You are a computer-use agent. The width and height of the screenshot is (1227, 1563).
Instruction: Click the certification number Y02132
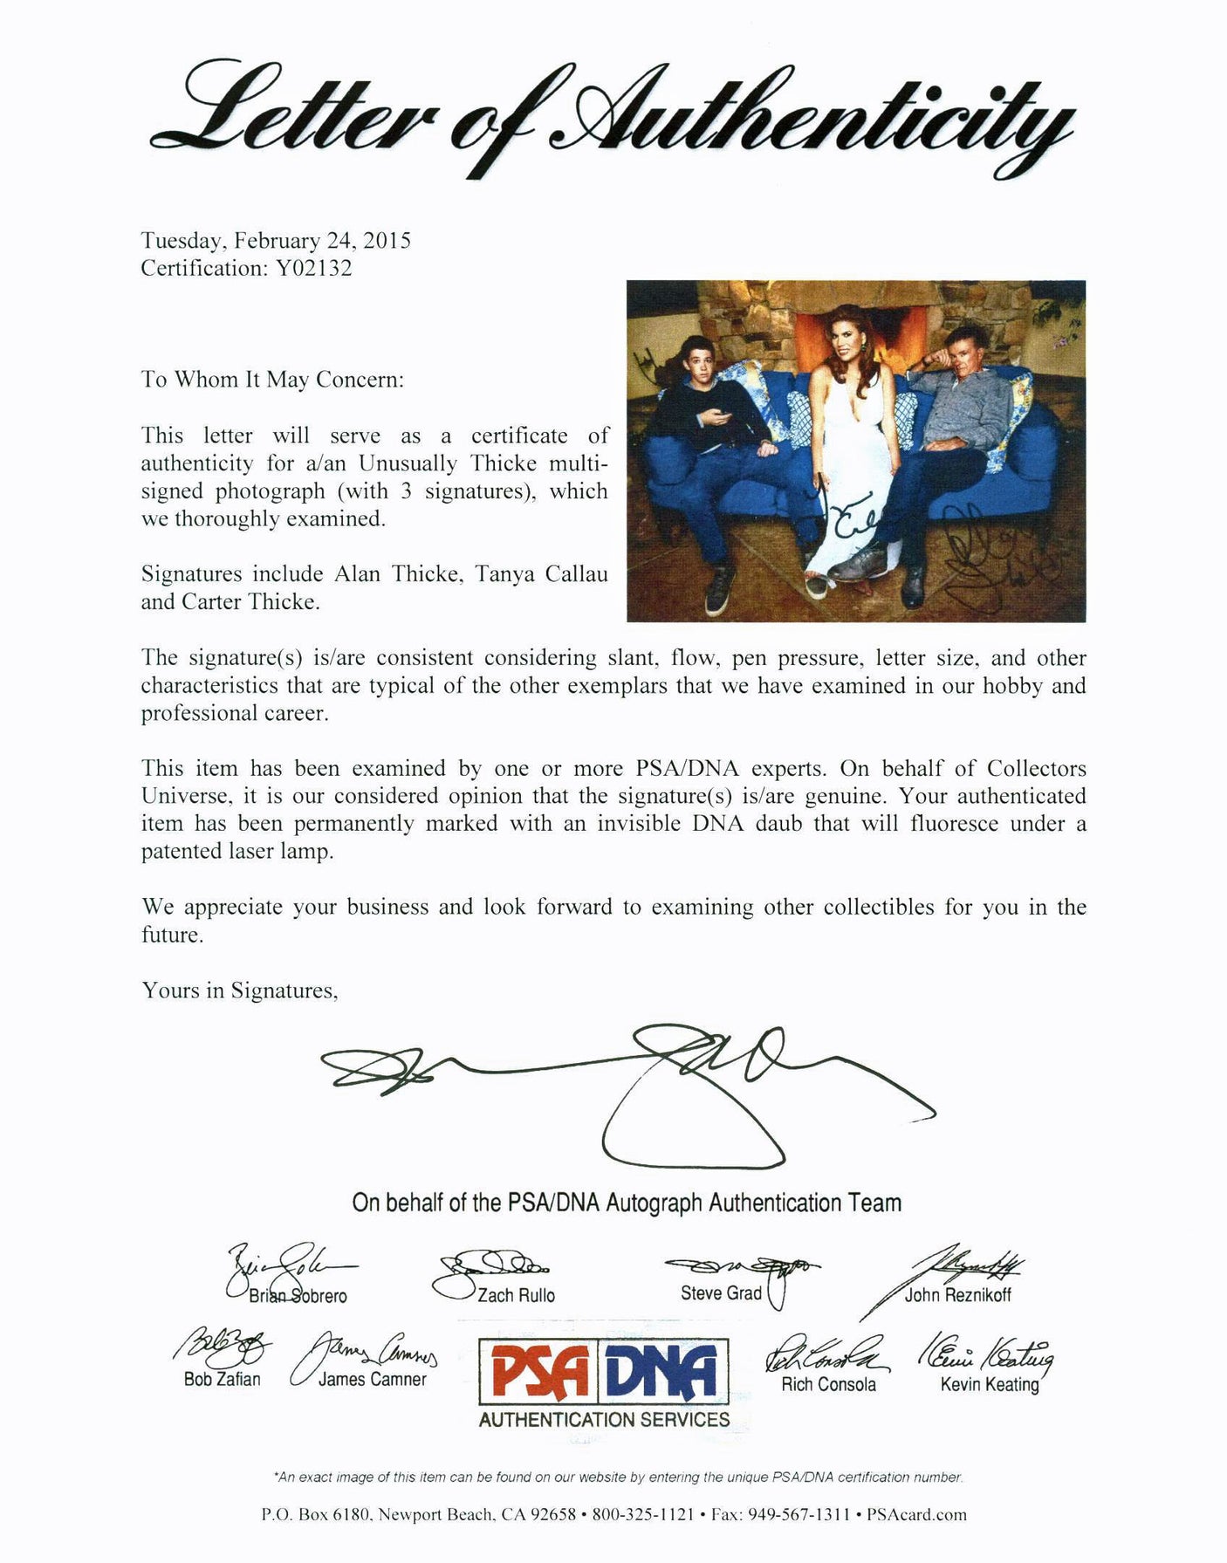pos(313,268)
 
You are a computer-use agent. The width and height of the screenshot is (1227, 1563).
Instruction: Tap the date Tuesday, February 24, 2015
pos(276,241)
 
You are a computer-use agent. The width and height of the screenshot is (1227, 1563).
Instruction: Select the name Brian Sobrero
pos(298,1296)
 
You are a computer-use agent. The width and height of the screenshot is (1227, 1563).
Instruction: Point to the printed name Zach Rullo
pos(516,1295)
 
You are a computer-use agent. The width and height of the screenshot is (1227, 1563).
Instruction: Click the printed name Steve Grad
pos(721,1292)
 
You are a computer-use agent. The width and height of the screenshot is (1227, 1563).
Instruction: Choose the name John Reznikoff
pos(957,1295)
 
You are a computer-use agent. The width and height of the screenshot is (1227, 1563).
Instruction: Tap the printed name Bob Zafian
pos(222,1379)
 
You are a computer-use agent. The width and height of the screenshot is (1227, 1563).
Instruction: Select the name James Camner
pos(372,1379)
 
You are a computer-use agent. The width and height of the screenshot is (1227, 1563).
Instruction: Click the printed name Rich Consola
pos(828,1384)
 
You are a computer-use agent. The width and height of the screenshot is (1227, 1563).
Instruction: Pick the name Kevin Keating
pos(989,1384)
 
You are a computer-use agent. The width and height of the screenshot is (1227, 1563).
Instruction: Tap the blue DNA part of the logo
pos(672,1371)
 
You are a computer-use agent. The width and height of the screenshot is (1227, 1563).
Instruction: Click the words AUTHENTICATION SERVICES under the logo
pos(604,1420)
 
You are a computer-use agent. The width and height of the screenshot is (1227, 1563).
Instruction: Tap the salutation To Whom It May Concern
pos(272,380)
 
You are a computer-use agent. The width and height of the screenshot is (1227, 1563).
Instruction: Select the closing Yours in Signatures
pos(240,991)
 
